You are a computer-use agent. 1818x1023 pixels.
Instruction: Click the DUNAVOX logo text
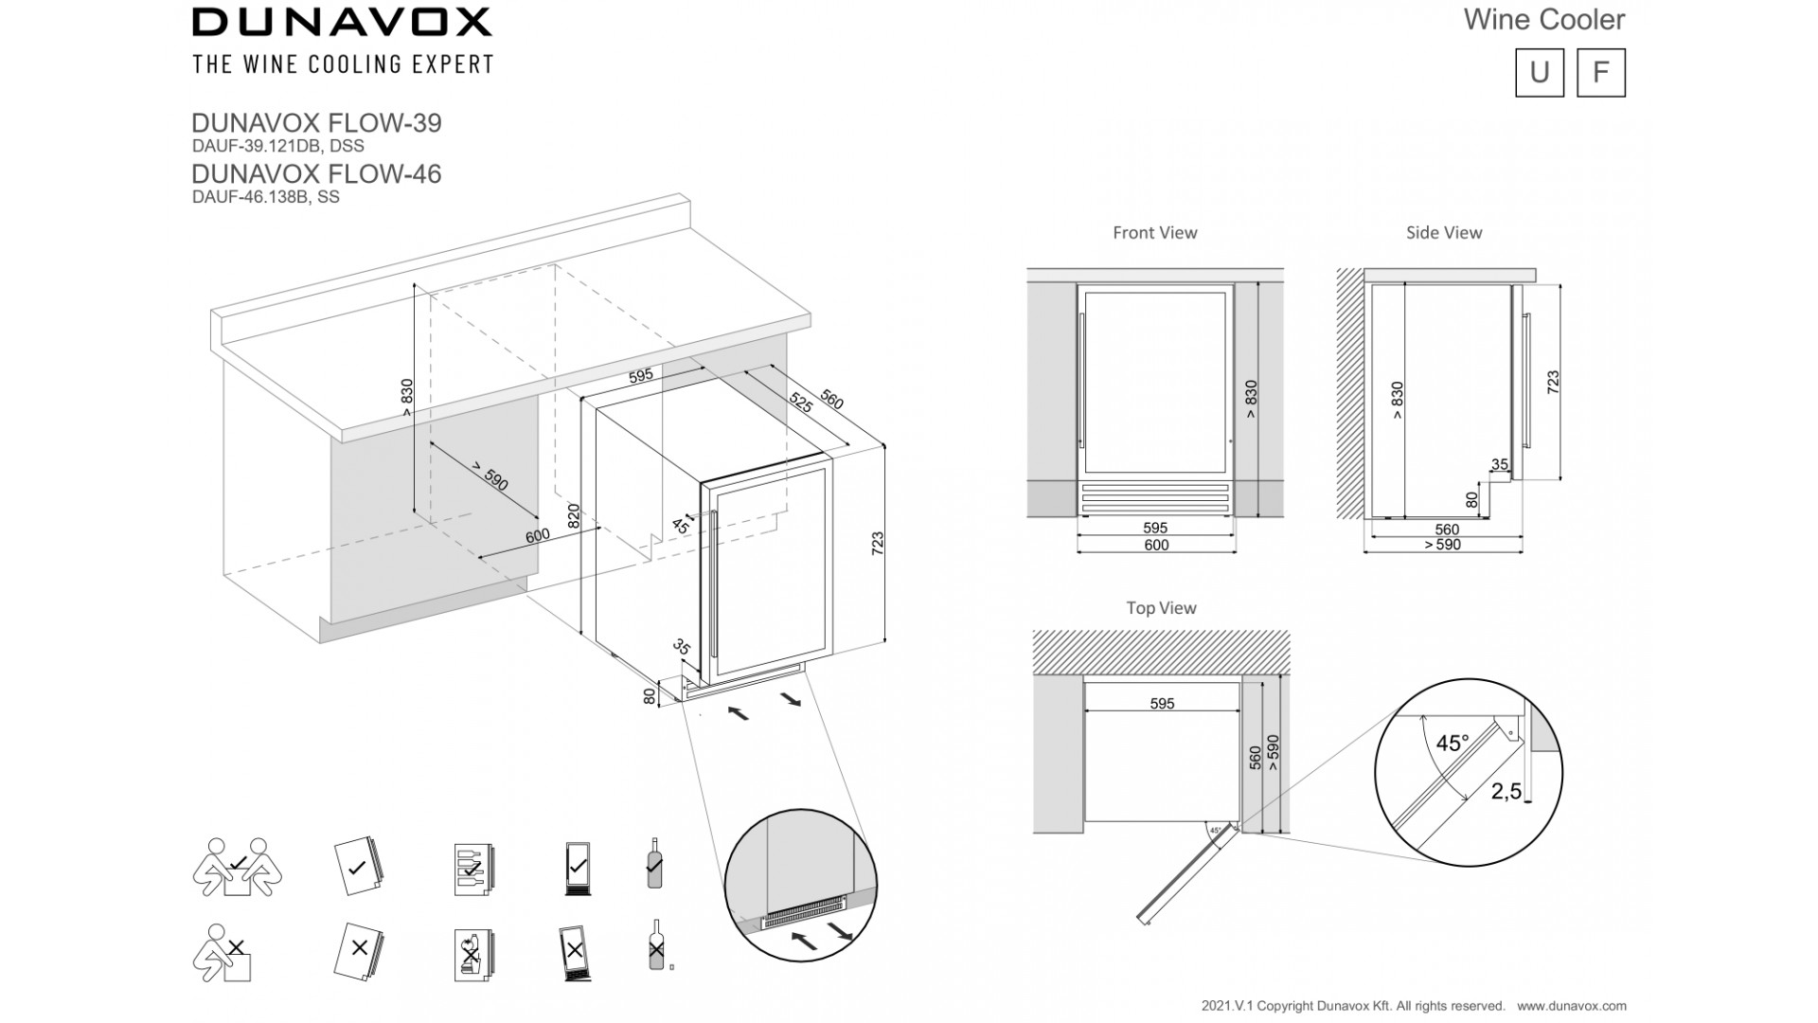point(342,22)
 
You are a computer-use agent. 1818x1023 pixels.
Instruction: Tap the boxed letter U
point(1539,73)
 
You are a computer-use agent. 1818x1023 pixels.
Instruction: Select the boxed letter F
point(1600,73)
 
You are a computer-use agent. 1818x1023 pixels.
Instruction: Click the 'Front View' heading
point(1154,232)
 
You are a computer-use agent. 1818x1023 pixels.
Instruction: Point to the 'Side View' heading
point(1443,232)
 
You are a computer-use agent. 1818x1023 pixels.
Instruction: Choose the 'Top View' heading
point(1161,608)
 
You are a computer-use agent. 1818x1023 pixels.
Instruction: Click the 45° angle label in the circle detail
point(1452,744)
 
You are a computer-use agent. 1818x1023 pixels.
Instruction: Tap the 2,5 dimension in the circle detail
point(1506,791)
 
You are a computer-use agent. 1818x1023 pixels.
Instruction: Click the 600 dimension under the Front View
point(1155,545)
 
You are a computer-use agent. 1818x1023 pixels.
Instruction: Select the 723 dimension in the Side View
point(1552,383)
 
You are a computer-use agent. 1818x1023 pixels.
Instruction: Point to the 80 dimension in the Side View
point(1471,499)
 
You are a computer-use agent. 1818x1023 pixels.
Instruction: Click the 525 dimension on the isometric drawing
point(800,403)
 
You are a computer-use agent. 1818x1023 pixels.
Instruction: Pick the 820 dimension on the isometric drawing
point(573,515)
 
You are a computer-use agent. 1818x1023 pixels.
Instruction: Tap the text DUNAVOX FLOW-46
point(316,173)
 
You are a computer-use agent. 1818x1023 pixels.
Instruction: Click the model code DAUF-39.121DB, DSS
point(277,146)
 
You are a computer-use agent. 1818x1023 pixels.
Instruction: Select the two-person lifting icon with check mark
point(237,866)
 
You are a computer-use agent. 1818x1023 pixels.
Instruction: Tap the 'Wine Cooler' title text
point(1543,19)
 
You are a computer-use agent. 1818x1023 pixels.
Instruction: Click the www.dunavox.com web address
point(1572,1006)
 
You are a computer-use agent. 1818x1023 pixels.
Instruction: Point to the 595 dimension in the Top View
point(1161,704)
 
